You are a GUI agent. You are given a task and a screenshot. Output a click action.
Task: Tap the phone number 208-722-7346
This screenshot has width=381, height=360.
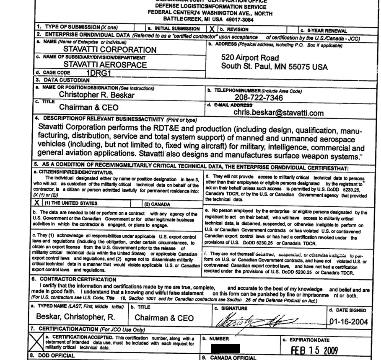(259, 98)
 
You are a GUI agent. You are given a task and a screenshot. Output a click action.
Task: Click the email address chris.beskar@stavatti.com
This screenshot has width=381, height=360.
(278, 113)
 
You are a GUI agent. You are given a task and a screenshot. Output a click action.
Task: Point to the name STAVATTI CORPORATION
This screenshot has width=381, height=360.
(110, 49)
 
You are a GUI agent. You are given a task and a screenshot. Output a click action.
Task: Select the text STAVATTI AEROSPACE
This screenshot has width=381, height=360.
(105, 65)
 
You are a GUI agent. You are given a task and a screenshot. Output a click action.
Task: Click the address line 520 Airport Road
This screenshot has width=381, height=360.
(256, 58)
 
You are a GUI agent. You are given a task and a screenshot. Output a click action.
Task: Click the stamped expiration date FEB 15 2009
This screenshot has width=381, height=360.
(314, 350)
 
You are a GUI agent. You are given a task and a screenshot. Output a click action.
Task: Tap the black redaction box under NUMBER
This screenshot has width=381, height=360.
(225, 349)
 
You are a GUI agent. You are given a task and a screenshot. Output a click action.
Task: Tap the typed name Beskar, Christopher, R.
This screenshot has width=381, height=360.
(75, 317)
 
